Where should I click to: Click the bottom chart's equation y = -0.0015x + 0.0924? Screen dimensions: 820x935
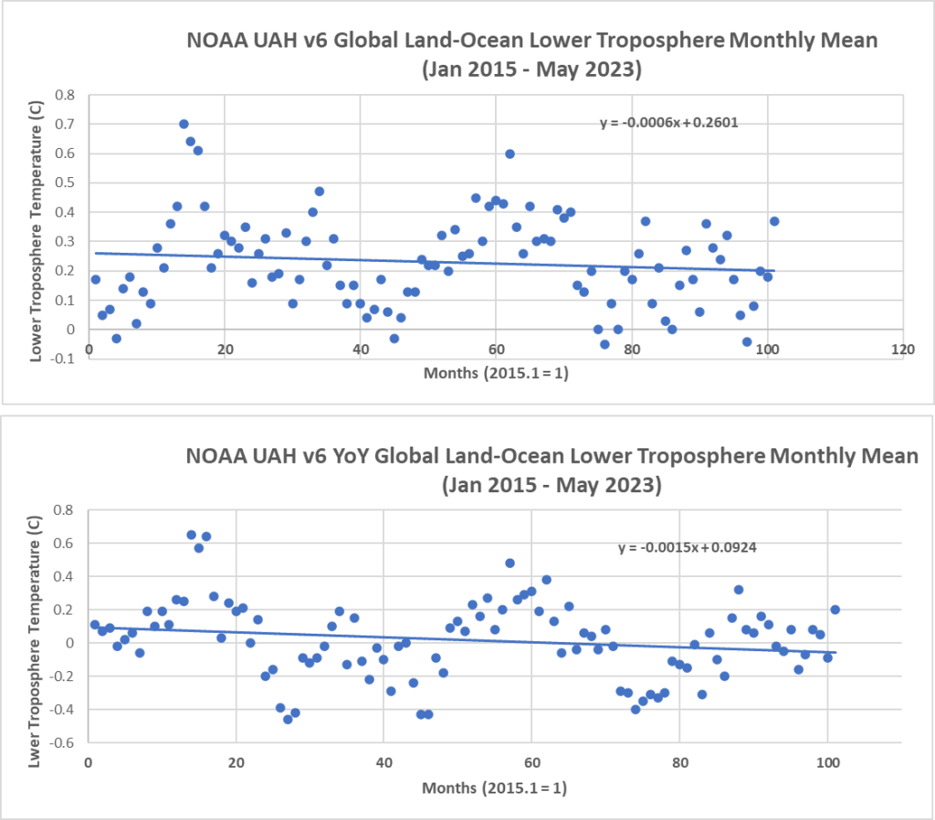[688, 548]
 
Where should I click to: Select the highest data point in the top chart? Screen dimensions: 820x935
[184, 124]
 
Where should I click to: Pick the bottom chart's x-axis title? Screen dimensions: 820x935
[494, 787]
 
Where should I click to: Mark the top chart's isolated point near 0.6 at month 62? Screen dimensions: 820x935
[510, 153]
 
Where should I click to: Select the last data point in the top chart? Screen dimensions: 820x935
[774, 221]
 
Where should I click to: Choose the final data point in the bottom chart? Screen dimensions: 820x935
[835, 609]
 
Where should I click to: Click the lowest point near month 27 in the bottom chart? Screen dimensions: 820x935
[288, 719]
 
